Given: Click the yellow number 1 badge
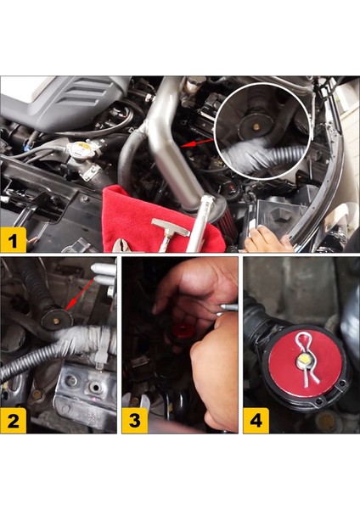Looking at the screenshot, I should coord(14,241).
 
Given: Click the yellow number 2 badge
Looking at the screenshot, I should coord(14,420).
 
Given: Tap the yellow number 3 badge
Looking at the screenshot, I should coord(134,420).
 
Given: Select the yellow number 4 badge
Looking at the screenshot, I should coord(256,420).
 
